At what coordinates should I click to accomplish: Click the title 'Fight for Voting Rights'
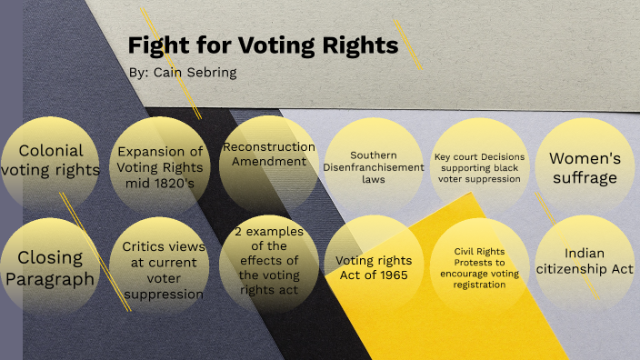(263, 46)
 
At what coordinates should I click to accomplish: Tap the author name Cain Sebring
(184, 73)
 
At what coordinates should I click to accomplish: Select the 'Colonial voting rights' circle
(50, 161)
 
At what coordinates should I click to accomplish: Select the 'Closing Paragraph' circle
(50, 268)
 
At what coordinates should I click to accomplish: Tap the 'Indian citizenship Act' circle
(584, 263)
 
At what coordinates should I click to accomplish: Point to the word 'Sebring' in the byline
(207, 73)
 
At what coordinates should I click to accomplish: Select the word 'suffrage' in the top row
(584, 177)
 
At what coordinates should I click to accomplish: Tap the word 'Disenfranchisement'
(374, 167)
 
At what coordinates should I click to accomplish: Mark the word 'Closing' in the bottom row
(50, 258)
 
